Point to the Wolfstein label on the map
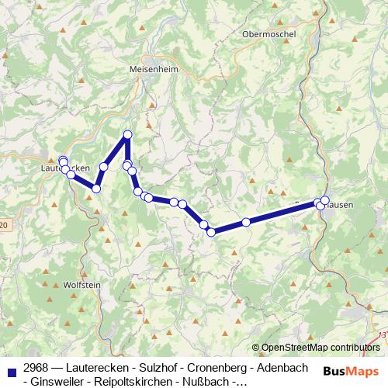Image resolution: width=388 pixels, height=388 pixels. click(81, 285)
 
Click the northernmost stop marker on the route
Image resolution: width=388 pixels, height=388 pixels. click(127, 135)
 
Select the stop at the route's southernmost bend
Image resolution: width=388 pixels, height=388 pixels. click(210, 231)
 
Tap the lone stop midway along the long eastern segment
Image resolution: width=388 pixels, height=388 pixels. click(246, 222)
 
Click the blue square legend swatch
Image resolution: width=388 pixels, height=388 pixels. click(12, 368)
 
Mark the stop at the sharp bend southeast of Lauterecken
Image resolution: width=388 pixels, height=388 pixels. click(96, 188)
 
